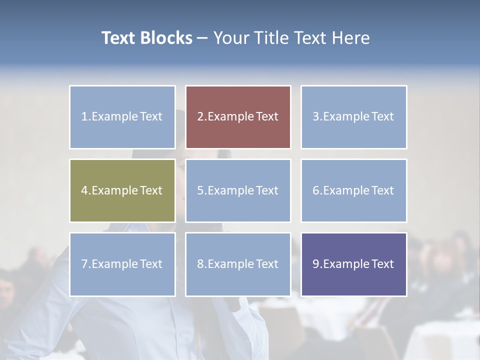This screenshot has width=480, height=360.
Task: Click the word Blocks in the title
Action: (x=166, y=38)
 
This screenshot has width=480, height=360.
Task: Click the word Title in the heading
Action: (x=270, y=38)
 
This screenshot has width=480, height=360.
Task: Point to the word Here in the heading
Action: (x=351, y=38)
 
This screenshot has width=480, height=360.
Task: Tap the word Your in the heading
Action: (x=230, y=38)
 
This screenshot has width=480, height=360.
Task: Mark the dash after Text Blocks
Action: (x=203, y=38)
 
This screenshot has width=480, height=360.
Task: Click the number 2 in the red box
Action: (x=200, y=116)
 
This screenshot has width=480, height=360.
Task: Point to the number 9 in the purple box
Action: (x=316, y=264)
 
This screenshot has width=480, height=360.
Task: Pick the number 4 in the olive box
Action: (x=84, y=190)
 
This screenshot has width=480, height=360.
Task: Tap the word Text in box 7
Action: (x=151, y=264)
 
